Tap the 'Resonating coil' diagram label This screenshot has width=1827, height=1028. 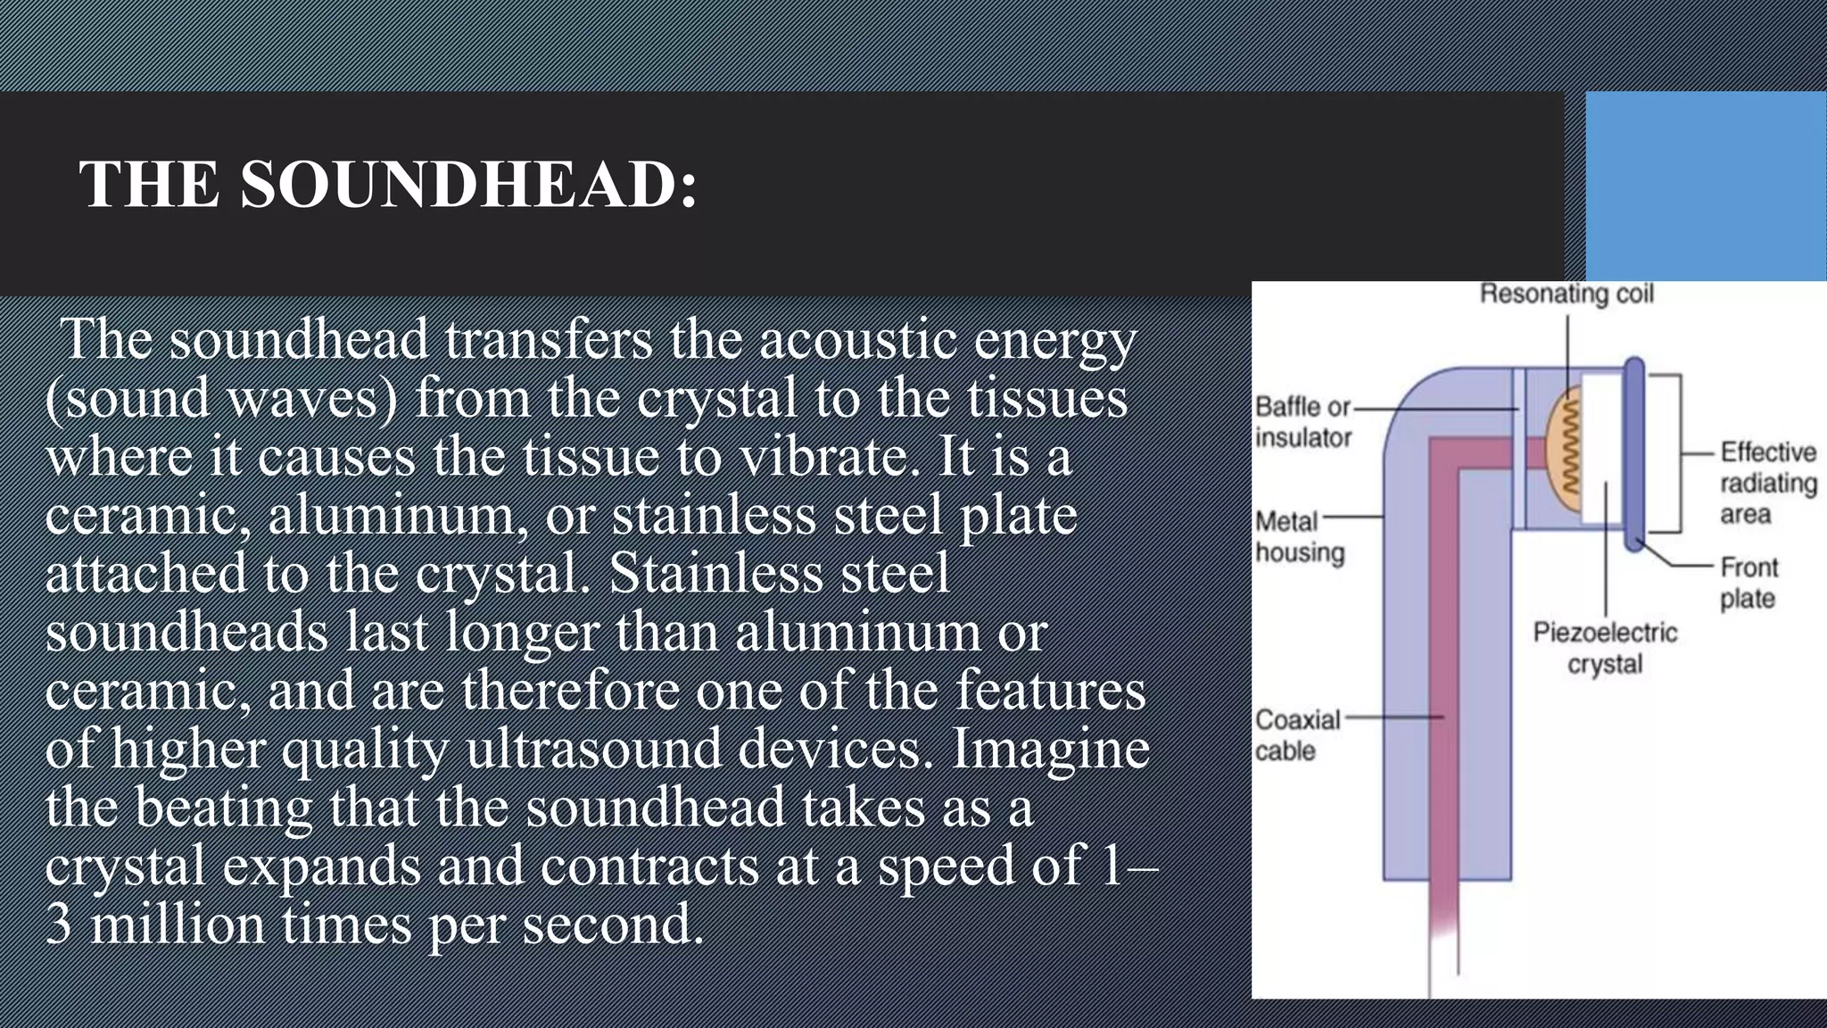[x=1567, y=294]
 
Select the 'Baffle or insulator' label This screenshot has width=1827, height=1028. [x=1302, y=422]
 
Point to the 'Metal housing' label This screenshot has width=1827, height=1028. [x=1299, y=537]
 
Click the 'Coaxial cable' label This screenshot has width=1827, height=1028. [x=1297, y=735]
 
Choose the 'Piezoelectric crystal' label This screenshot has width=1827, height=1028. [x=1605, y=648]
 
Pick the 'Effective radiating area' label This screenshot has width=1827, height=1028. [x=1767, y=483]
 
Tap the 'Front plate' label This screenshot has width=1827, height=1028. [x=1748, y=583]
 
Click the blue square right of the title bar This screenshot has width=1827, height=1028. [x=1706, y=186]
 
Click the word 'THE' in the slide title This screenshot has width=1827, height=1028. [x=149, y=185]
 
